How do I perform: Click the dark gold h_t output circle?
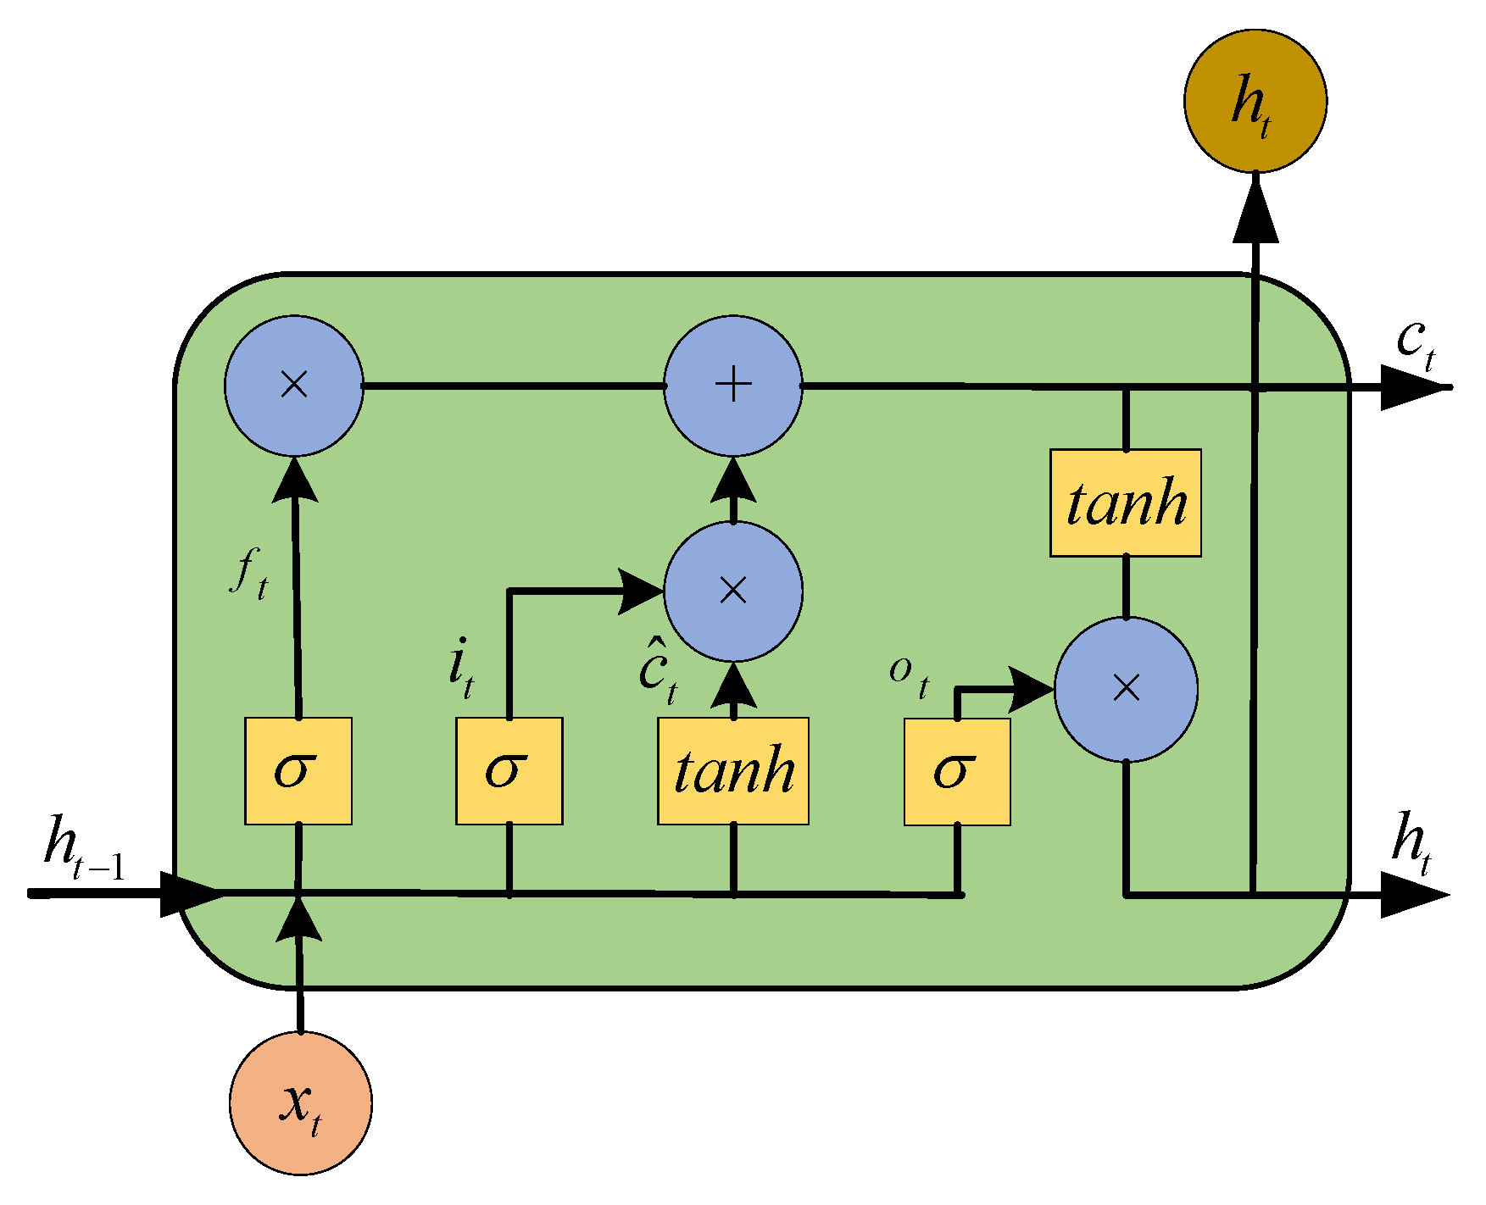(x=1255, y=101)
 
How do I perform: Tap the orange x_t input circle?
(x=300, y=1103)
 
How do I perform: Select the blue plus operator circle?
(x=732, y=386)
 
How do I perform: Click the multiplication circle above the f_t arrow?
(x=294, y=386)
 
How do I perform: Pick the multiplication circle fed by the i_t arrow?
(x=732, y=591)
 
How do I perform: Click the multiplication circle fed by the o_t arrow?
(x=1126, y=689)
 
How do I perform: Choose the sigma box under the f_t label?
(x=298, y=770)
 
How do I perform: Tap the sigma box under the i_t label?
(x=509, y=770)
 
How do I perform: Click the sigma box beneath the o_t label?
(x=956, y=771)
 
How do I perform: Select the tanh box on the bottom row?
(x=732, y=770)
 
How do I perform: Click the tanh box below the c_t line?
(x=1125, y=503)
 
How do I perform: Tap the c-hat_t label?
(x=659, y=674)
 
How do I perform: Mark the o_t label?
(x=910, y=676)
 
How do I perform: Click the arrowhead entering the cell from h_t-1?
(x=191, y=894)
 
